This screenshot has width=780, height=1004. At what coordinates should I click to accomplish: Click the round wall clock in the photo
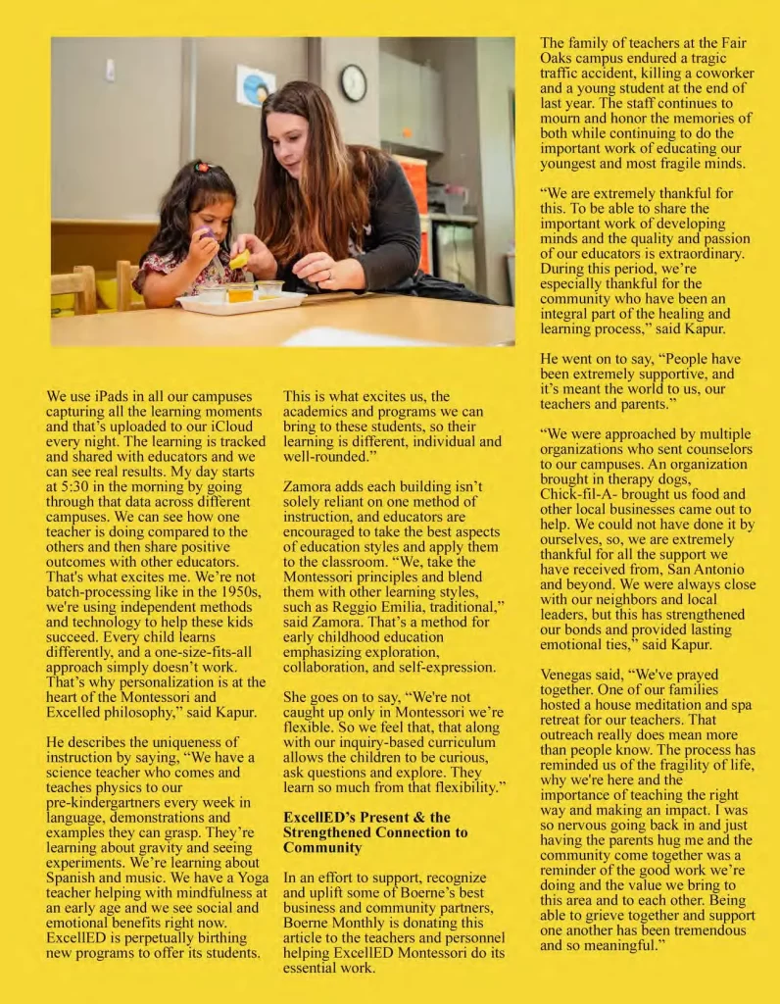[353, 83]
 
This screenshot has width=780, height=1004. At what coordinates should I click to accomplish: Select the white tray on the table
[242, 302]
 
